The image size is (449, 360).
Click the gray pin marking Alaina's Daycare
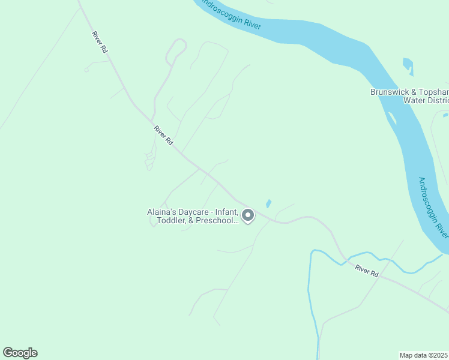pos(247,215)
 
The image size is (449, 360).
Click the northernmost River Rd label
pos(100,43)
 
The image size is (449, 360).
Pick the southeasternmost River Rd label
pos(367,271)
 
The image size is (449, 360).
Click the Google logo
pos(20,353)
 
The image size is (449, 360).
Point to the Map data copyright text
pos(424,355)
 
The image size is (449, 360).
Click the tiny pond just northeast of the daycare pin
pos(268,203)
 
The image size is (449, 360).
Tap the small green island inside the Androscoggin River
pos(391,118)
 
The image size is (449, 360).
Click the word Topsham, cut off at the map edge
pos(435,92)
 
